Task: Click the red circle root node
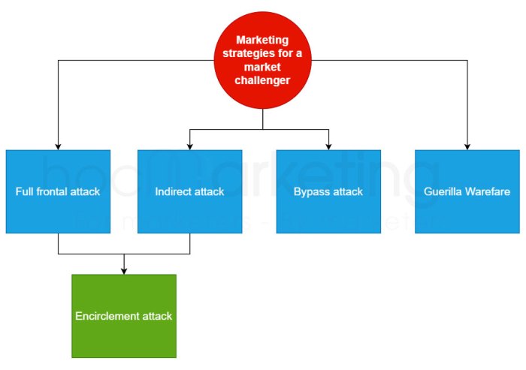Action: click(x=262, y=60)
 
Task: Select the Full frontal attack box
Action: click(x=58, y=191)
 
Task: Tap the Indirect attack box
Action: click(x=189, y=191)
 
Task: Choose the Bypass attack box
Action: click(x=328, y=191)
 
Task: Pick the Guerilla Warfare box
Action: click(x=467, y=191)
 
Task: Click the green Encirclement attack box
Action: click(x=124, y=315)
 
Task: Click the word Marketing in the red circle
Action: click(x=262, y=41)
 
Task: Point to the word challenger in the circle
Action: click(x=262, y=80)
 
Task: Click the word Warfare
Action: click(x=488, y=191)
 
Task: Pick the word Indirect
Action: click(x=172, y=191)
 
